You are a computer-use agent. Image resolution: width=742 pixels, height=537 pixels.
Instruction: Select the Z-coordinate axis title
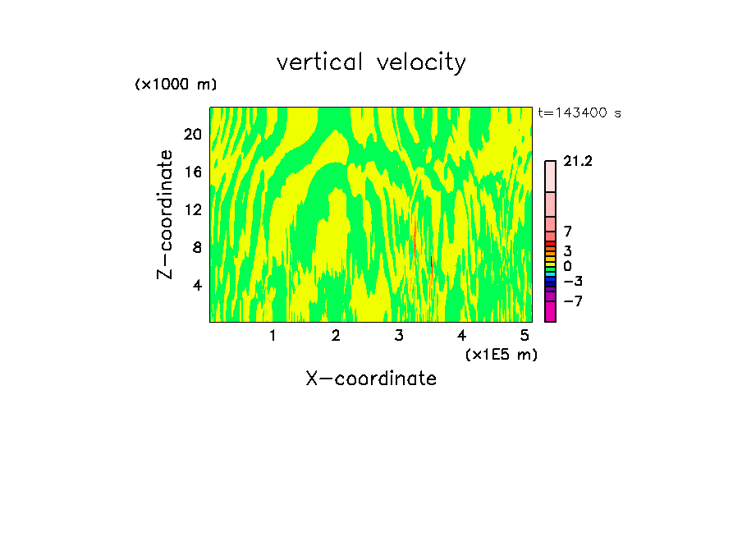(x=166, y=214)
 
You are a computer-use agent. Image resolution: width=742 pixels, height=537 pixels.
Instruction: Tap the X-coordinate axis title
(x=371, y=379)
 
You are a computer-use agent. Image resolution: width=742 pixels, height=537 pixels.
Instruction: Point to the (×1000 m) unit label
(x=176, y=85)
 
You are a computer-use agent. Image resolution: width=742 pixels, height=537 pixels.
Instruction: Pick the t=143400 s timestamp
(x=579, y=113)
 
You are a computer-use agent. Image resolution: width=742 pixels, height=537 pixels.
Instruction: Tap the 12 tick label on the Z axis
(x=191, y=209)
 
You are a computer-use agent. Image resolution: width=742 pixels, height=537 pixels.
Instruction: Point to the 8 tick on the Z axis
(x=196, y=247)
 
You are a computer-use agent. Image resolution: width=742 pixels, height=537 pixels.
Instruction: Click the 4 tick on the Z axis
(x=196, y=285)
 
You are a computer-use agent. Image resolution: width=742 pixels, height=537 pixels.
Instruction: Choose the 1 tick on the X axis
(x=273, y=336)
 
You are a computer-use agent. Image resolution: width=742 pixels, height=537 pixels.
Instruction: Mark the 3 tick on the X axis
(x=399, y=336)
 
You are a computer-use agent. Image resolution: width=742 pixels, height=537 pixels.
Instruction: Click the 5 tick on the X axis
(x=524, y=336)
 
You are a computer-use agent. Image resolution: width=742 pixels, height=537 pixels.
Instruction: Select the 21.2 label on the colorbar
(x=578, y=162)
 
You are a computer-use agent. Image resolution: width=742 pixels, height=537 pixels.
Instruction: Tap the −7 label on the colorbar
(x=573, y=301)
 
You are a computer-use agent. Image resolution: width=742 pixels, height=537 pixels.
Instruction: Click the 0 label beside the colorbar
(x=567, y=266)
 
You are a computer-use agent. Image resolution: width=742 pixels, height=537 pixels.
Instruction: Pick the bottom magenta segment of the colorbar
(x=550, y=312)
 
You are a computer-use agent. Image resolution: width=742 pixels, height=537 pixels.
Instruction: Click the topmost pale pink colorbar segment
(x=550, y=177)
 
